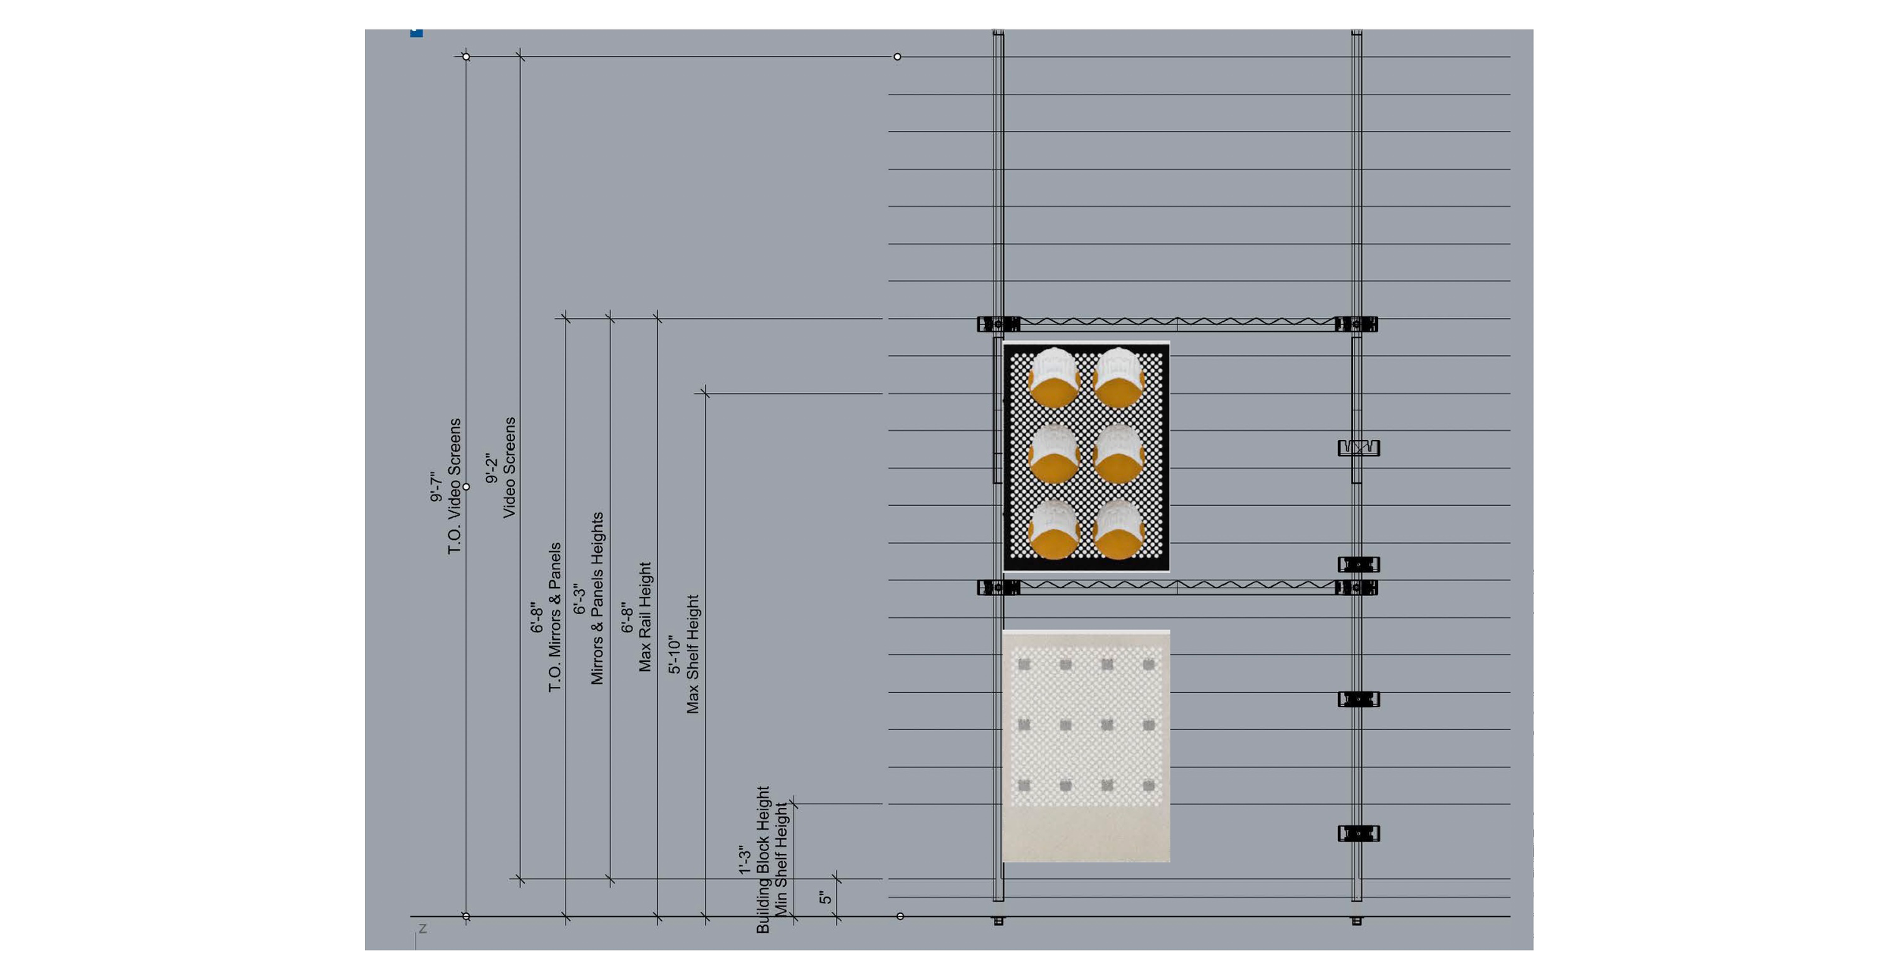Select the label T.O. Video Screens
pos(454,486)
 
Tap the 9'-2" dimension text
pos(491,469)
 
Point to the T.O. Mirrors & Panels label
pos(555,616)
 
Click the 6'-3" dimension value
pos(579,599)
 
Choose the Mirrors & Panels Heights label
pos(597,598)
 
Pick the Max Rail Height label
pos(644,616)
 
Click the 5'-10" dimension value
pos(674,655)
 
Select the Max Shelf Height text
pos(693,654)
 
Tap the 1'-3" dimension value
pos(745,861)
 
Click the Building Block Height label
pos(763,859)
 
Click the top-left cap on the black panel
pos(1054,377)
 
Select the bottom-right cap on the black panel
pos(1119,529)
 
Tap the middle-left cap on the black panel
pos(1054,453)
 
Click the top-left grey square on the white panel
pos(1024,665)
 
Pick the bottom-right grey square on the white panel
pos(1149,786)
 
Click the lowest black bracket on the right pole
pos(1358,834)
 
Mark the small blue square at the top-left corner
pos(416,33)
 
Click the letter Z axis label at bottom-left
pos(423,928)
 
